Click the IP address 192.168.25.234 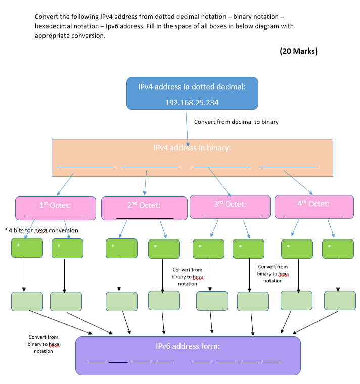192,102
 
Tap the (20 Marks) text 298,51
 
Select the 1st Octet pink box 56,208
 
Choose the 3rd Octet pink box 230,207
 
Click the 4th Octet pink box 313,206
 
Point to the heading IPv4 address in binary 192,148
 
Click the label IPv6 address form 188,346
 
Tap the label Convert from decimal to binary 236,122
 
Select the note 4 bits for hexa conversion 41,230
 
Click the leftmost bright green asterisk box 27,248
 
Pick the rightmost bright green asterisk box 338,249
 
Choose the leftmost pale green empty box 27,301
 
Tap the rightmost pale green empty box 340,300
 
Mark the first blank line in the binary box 86,166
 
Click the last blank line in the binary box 290,166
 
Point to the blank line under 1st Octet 56,216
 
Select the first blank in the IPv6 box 96,362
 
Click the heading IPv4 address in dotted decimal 192,87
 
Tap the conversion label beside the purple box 43,344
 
